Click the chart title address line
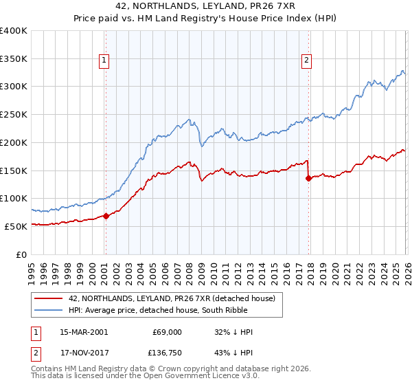click(x=205, y=6)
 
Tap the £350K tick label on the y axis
click(x=14, y=59)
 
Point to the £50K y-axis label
click(x=16, y=226)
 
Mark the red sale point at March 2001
click(x=106, y=216)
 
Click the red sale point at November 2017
click(x=308, y=178)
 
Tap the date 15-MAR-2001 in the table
click(x=84, y=332)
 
